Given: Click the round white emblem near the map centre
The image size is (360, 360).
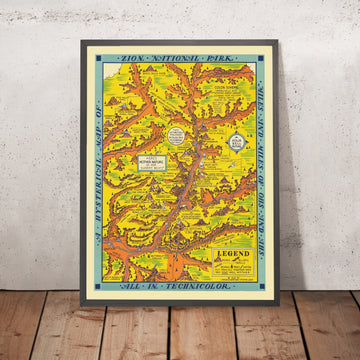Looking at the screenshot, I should (177, 134).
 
